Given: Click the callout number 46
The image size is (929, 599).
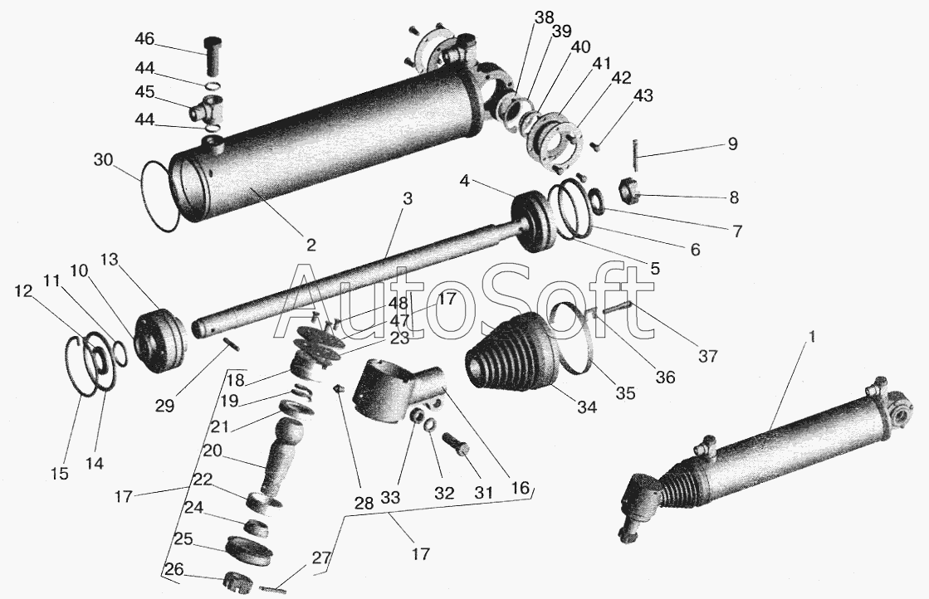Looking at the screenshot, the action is [x=144, y=39].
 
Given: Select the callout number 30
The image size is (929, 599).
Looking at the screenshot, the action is [x=102, y=160].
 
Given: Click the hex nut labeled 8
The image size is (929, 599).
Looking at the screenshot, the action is [x=630, y=190].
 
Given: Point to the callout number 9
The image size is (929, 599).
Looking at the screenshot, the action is [x=733, y=144].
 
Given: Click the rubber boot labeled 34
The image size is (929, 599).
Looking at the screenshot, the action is [x=508, y=357].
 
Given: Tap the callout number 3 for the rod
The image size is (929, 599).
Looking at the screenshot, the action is [x=407, y=198].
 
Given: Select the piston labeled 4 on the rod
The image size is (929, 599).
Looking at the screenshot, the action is [x=533, y=222].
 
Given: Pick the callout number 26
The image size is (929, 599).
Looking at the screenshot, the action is [x=174, y=569].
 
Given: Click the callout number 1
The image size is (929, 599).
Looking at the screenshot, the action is [x=812, y=337].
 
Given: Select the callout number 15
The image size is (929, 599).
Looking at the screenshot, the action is [x=59, y=474].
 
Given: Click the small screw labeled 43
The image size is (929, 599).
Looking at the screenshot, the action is [x=596, y=145].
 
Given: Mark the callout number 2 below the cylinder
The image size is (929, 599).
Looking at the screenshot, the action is [x=311, y=245].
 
